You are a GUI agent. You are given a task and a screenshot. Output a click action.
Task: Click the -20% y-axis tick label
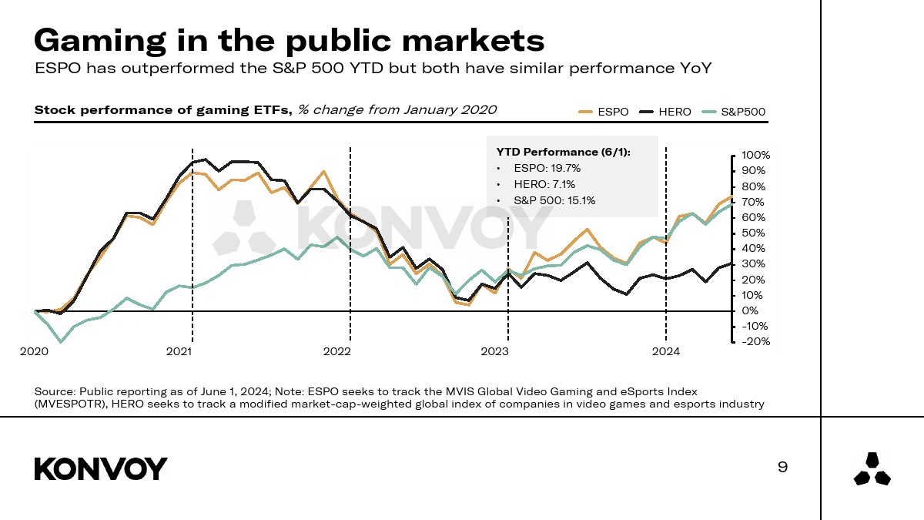[x=755, y=342]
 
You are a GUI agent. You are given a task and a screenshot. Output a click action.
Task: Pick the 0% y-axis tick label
[x=750, y=311]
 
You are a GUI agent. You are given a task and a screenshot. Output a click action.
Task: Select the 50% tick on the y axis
[x=752, y=233]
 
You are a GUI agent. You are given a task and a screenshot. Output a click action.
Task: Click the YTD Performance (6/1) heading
[x=563, y=152]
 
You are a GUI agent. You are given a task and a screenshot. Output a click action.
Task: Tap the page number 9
[x=783, y=467]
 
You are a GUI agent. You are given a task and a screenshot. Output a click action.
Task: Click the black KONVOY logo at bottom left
[x=101, y=468]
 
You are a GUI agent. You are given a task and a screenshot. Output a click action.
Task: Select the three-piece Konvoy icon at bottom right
[x=872, y=469]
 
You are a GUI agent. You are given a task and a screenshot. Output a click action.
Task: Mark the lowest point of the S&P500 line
[x=61, y=341]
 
